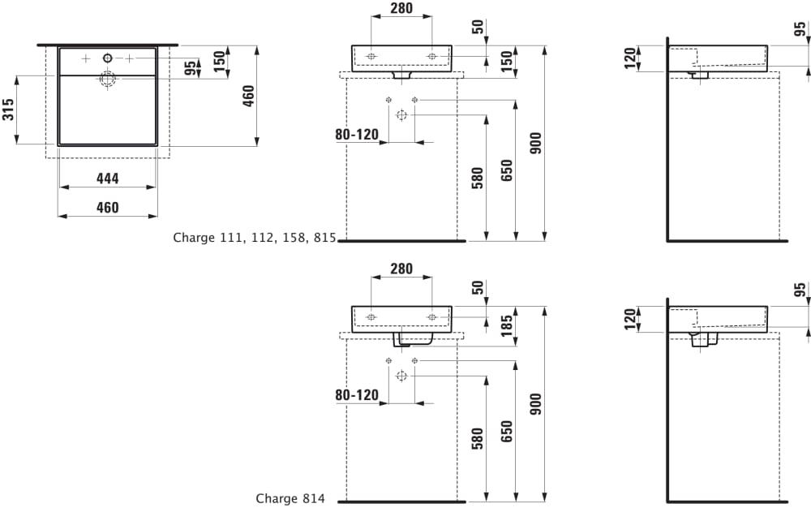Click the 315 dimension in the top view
click(9, 110)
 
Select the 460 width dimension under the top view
click(107, 208)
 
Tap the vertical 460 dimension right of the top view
click(249, 95)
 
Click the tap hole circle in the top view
click(107, 58)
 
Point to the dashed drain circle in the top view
click(107, 79)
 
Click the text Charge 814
click(290, 498)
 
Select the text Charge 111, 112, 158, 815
click(254, 238)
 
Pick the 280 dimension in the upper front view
click(401, 9)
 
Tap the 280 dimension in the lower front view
click(401, 269)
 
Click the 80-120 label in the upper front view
click(357, 135)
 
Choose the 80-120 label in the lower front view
click(357, 395)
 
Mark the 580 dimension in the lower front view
click(478, 439)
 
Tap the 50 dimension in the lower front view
click(478, 286)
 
